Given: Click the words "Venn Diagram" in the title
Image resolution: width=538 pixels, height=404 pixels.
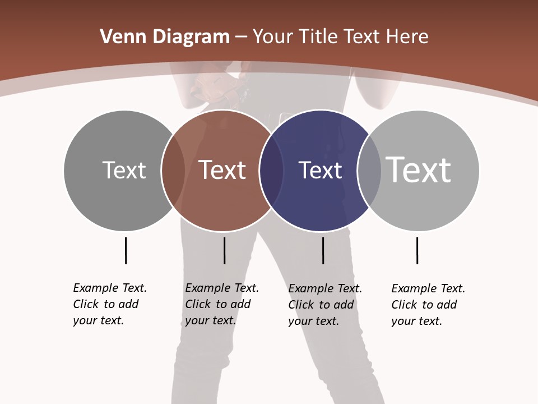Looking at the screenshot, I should (165, 37).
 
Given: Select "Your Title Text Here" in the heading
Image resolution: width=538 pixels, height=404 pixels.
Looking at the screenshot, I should (340, 37).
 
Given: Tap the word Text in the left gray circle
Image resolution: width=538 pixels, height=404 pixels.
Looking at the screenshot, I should (124, 170).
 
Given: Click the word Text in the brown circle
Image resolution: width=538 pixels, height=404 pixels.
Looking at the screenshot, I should (222, 170).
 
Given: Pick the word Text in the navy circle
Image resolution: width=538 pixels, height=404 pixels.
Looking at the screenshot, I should (320, 170).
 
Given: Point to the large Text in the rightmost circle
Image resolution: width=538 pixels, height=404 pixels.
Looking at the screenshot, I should (419, 169).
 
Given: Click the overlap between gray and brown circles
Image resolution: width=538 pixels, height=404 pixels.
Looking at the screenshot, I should (173, 170).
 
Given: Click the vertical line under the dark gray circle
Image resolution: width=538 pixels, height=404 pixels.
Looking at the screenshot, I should (126, 250).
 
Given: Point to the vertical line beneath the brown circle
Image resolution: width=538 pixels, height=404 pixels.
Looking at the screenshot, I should (224, 250).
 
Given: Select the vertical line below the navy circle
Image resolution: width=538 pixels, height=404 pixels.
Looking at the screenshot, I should (323, 250).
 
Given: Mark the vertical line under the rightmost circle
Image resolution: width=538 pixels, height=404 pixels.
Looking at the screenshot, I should (417, 250).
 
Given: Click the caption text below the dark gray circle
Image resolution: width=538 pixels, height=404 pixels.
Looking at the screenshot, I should (110, 304).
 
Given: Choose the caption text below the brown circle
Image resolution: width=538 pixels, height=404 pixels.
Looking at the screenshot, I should (222, 304).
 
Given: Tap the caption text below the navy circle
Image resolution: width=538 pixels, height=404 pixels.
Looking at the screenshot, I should (325, 305).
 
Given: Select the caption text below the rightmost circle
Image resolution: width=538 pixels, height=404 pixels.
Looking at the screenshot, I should (428, 305).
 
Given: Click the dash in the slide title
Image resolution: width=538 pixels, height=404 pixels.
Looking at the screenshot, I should (241, 37).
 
